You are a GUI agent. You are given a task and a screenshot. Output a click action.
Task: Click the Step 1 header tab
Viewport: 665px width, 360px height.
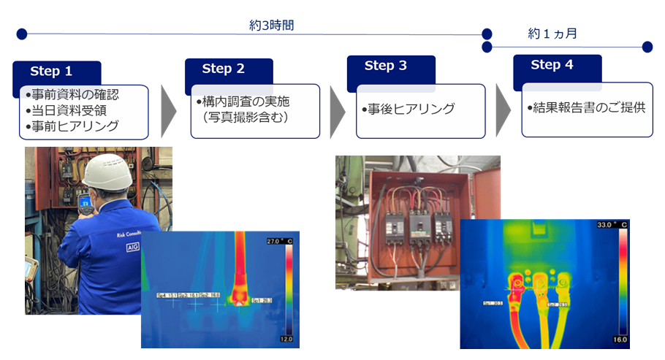52,72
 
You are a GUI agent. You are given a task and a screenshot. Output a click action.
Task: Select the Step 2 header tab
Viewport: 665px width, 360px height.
224,69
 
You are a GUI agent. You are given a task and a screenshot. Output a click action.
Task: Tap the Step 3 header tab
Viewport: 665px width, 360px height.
386,66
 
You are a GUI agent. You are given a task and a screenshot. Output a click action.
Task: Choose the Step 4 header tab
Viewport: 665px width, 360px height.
552,65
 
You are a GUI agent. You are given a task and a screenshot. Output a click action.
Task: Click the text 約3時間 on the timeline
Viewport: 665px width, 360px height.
271,25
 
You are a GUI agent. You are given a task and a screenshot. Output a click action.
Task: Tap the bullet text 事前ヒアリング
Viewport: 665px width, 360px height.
72,126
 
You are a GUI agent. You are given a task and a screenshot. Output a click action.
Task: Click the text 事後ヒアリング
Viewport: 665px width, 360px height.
408,109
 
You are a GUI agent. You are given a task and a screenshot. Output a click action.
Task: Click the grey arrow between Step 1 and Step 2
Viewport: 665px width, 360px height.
169,111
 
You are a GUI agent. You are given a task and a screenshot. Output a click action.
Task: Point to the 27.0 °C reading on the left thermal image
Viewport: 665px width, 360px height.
278,241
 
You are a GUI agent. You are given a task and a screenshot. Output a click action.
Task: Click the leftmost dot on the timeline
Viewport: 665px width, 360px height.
21,34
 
